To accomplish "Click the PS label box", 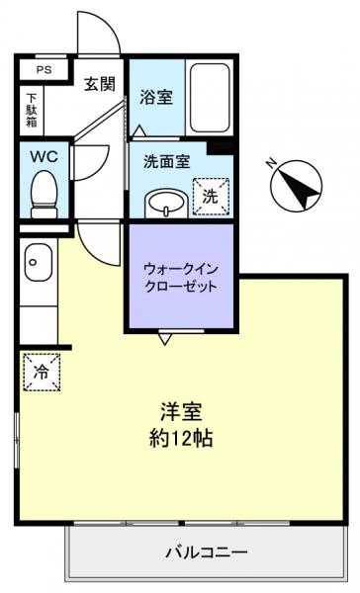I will point(45,71).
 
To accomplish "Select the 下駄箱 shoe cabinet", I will point(32,110).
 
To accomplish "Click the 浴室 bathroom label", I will point(155,97).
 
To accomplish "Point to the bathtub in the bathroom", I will point(208,99).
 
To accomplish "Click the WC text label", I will point(45,156).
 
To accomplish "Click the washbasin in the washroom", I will point(164,204).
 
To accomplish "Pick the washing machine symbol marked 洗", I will point(210,196).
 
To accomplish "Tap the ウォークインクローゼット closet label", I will point(179,275).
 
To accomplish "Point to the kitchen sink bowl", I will point(35,263).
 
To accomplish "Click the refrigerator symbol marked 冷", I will point(42,373).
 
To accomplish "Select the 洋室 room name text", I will point(179,412).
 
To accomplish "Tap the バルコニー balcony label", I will point(206,551).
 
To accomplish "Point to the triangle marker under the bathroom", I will point(139,130).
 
